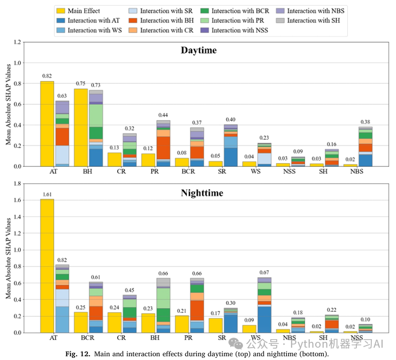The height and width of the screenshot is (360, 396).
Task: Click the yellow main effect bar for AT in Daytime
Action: click(x=47, y=124)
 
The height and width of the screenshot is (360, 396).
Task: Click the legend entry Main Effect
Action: click(x=80, y=11)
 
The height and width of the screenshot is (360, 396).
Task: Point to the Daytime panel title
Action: click(x=199, y=51)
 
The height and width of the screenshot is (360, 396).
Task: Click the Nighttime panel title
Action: click(x=199, y=192)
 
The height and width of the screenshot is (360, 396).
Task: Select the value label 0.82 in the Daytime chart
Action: click(x=47, y=76)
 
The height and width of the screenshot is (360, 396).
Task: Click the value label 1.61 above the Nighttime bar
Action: click(x=47, y=195)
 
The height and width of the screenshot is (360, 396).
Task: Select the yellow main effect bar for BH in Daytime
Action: click(x=81, y=127)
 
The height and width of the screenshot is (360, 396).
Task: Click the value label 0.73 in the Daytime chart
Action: click(x=96, y=86)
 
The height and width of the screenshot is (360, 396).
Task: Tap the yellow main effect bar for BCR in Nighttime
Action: click(x=81, y=322)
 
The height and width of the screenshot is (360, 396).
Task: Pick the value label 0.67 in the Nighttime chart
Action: click(x=264, y=273)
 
